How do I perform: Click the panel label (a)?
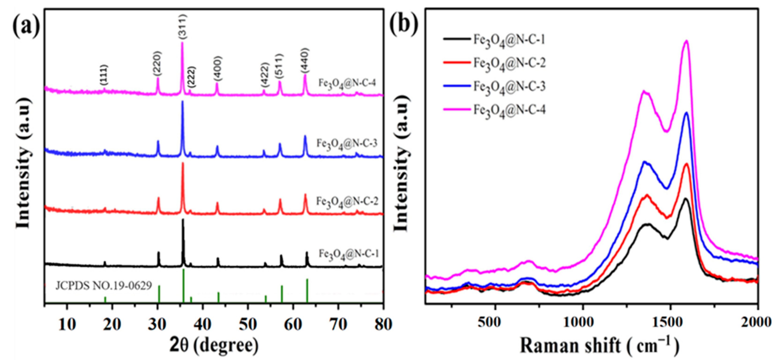[26, 26]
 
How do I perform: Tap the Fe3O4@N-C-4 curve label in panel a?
[347, 83]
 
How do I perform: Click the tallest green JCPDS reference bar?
[183, 285]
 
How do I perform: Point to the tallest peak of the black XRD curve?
[183, 220]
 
